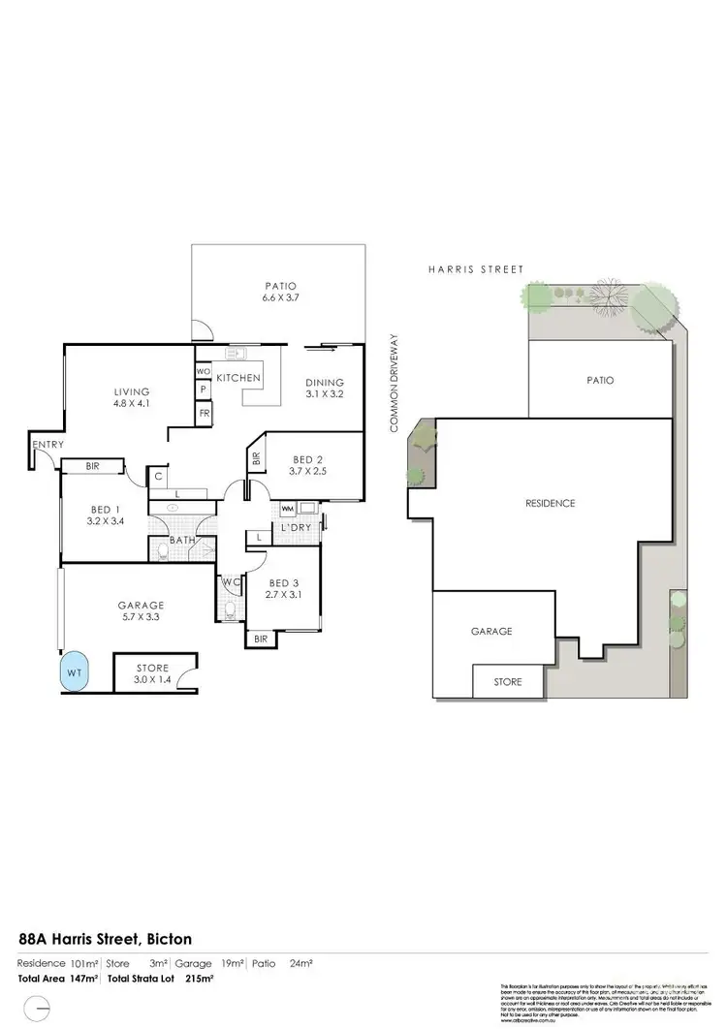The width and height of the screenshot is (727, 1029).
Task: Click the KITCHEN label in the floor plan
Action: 238,376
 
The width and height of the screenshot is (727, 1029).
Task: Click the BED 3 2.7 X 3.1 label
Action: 284,588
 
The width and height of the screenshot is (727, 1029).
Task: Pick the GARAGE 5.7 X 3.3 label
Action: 142,612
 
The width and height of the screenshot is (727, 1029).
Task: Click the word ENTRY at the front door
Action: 47,445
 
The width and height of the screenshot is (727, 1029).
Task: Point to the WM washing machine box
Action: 288,508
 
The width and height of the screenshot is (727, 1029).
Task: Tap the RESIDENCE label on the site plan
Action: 550,503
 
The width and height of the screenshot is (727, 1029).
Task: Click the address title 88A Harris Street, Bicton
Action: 106,939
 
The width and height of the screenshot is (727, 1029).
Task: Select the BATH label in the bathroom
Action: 182,540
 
